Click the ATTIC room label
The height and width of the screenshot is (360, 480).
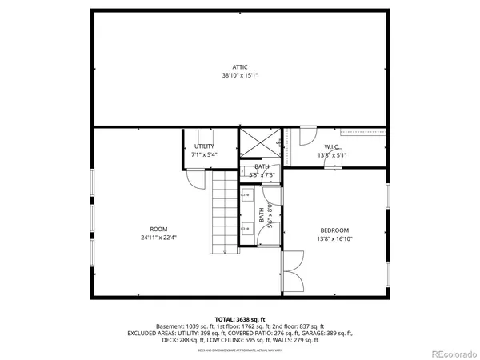240,67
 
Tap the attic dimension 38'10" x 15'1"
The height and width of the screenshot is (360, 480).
240,76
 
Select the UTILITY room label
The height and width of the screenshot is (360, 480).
204,146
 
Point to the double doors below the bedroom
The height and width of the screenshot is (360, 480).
293,270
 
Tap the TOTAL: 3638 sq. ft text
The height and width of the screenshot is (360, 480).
240,318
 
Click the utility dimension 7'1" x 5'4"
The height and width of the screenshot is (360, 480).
204,154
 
